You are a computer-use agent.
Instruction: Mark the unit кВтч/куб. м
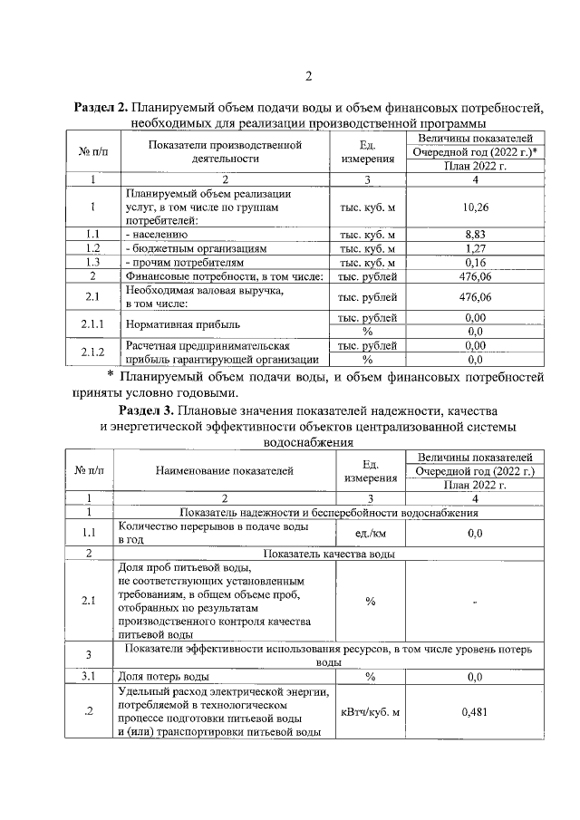pos(370,712)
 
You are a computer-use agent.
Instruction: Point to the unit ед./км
pos(370,534)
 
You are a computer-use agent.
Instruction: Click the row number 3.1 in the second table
pos(89,676)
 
